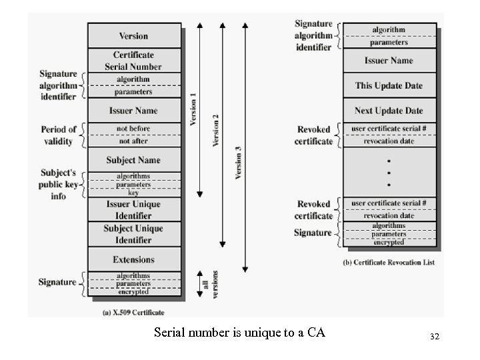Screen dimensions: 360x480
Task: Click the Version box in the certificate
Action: [134, 35]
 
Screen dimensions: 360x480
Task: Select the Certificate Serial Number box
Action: [134, 61]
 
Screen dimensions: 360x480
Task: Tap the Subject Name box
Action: [134, 160]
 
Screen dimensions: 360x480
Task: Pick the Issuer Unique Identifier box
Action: [134, 209]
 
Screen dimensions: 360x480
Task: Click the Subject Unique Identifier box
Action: [134, 233]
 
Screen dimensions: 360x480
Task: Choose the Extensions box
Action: [134, 259]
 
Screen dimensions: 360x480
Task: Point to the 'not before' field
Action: [134, 129]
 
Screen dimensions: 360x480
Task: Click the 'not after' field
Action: [134, 141]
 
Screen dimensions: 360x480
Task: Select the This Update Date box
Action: [389, 85]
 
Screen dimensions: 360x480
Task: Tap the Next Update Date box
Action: [389, 111]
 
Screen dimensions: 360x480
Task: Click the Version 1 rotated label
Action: [194, 110]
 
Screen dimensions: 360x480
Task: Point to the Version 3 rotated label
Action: [238, 163]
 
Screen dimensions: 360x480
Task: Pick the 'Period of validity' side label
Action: [59, 135]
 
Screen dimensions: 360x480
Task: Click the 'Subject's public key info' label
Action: [59, 184]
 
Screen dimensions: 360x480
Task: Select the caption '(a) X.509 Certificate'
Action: [134, 312]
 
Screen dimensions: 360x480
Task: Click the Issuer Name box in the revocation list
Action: [389, 61]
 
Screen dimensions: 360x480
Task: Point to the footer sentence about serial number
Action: [239, 332]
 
